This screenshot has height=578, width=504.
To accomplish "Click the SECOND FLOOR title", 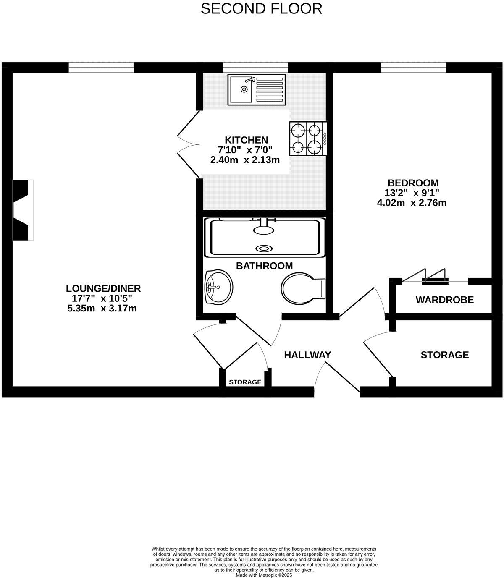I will click(261, 8).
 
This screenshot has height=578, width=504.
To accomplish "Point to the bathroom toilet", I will click(302, 289).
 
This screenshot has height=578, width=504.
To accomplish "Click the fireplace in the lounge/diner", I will click(23, 210).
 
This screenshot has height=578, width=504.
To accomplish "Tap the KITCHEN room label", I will click(246, 140).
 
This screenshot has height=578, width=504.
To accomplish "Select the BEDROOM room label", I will click(413, 183).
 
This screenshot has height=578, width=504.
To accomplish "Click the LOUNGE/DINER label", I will click(103, 288).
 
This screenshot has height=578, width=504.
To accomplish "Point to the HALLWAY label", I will click(307, 355).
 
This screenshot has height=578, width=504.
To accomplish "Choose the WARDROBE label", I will click(444, 300).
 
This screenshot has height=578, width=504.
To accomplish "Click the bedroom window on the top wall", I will click(413, 67).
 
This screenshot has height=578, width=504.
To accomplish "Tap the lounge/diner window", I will click(101, 67).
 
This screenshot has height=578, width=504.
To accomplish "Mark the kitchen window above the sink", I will click(255, 67).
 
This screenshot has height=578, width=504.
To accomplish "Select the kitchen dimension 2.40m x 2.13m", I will click(245, 160).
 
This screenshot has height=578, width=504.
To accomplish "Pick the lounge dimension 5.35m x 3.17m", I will click(102, 309).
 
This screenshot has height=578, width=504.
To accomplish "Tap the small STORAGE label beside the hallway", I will click(245, 382).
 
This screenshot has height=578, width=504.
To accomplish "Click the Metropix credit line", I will click(264, 575).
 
